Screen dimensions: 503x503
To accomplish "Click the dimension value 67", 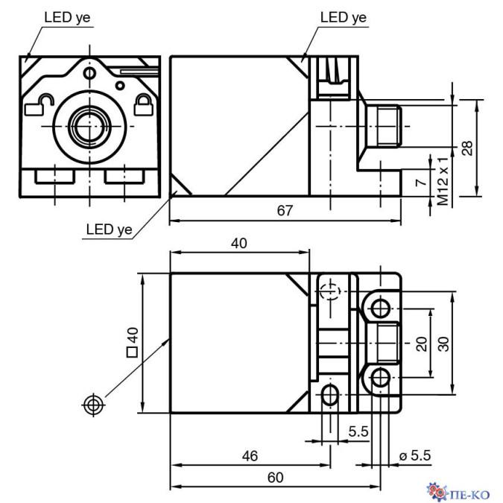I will pyautogui.click(x=284, y=211).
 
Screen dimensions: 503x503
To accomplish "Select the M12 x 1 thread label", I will pyautogui.click(x=443, y=182).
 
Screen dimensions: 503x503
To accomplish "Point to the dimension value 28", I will pyautogui.click(x=466, y=148).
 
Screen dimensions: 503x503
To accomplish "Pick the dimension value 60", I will pyautogui.click(x=275, y=478).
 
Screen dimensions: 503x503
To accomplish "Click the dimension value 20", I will pyautogui.click(x=422, y=343).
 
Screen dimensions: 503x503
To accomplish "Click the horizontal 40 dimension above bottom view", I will pyautogui.click(x=238, y=243).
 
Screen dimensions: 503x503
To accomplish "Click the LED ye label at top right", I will pyautogui.click(x=344, y=16).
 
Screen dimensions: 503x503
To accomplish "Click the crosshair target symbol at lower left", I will pyautogui.click(x=92, y=405).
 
